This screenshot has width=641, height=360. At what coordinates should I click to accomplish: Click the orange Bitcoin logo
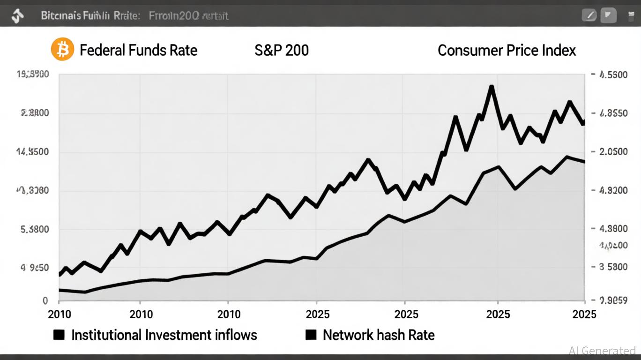point(62,49)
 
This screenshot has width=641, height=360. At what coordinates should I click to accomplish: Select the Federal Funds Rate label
point(138,50)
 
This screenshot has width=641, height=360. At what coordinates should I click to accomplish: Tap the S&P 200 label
point(282,50)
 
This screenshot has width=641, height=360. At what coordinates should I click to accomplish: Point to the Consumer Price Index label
point(507,50)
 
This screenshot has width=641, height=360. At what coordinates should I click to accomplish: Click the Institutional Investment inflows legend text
point(164,335)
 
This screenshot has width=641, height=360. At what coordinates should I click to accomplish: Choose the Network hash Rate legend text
point(379,335)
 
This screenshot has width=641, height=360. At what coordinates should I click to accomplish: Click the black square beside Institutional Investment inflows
point(59,335)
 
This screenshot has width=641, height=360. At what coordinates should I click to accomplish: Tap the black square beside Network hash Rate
point(311,335)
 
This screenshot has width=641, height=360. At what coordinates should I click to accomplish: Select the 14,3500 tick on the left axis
point(33,152)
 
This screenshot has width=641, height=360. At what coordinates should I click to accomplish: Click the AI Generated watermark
point(602,351)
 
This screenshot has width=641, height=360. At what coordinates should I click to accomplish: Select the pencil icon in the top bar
point(589,15)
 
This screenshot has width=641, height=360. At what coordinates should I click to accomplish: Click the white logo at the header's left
point(18,16)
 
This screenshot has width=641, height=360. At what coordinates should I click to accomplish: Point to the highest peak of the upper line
point(491,87)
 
